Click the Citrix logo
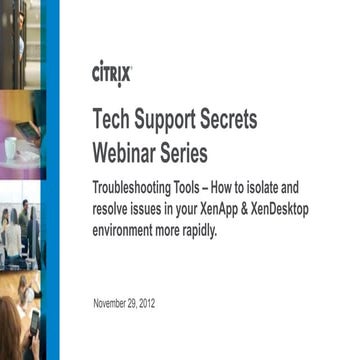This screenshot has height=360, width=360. coord(112,73)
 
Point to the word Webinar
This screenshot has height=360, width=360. coord(127,155)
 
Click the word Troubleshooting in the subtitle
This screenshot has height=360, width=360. coord(131,189)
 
